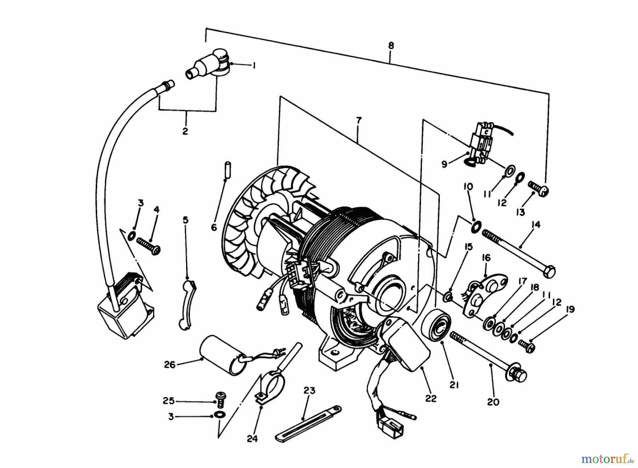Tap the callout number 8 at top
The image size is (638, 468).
(391, 46)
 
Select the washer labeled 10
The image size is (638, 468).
(476, 225)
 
